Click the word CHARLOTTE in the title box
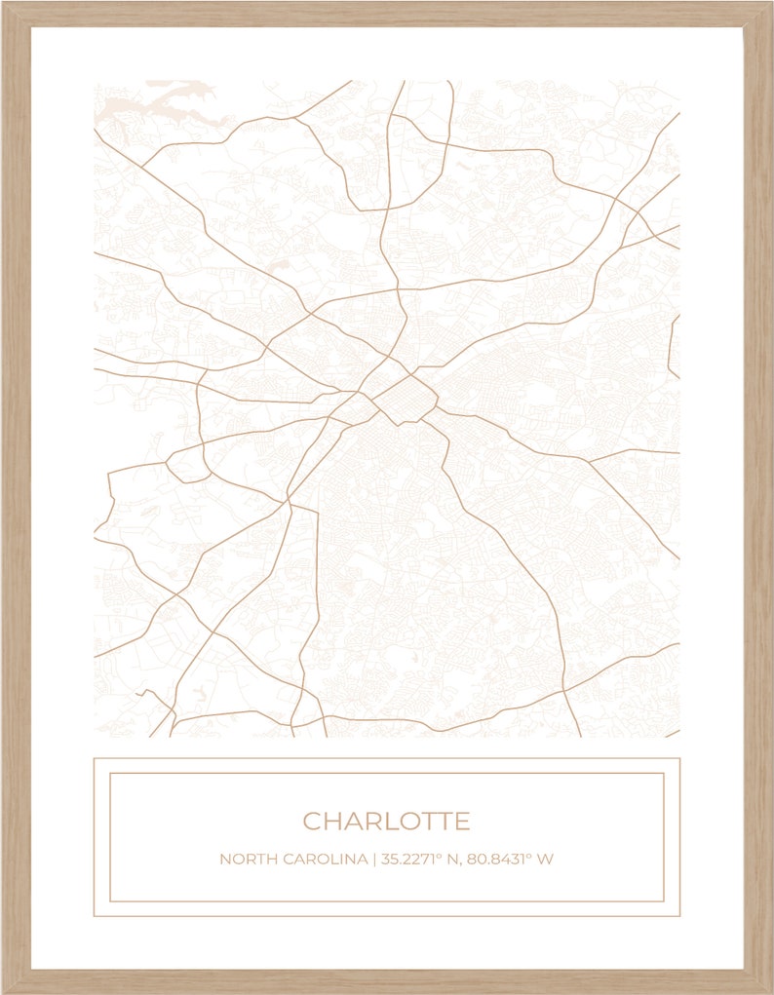pyautogui.click(x=386, y=822)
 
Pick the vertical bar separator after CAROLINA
pyautogui.click(x=373, y=860)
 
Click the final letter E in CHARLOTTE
pyautogui.click(x=462, y=822)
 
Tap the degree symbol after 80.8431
pyautogui.click(x=530, y=856)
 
